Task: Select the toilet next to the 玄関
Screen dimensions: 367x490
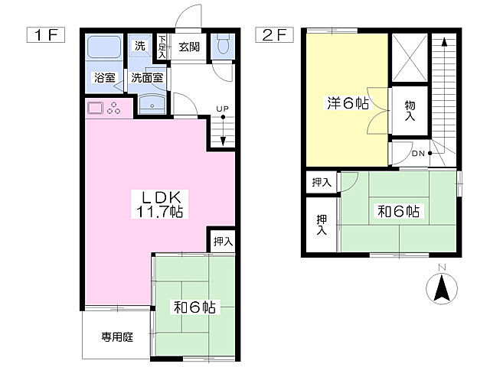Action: [x=223, y=46]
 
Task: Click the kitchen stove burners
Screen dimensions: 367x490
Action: [x=114, y=108]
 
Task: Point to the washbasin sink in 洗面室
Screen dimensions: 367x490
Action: [x=152, y=104]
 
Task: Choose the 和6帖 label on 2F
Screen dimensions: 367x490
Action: [x=398, y=212]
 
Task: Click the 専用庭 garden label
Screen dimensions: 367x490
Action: [x=117, y=336]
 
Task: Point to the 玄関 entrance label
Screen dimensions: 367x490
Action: [x=189, y=47]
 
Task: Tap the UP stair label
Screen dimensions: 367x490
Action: [x=222, y=108]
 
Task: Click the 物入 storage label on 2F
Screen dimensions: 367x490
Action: [x=409, y=112]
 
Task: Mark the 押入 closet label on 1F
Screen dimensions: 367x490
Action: [x=222, y=241]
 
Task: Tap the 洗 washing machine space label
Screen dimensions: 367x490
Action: [x=139, y=46]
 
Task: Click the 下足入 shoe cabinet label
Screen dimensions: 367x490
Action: [x=162, y=45]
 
